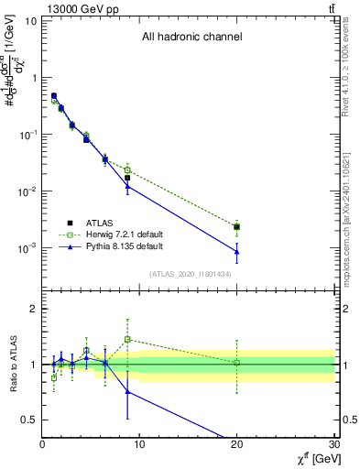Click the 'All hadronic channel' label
191,38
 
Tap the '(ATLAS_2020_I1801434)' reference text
191,274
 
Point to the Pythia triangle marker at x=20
237,251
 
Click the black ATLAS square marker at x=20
237,226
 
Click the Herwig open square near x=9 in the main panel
128,170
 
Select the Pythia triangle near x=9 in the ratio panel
128,391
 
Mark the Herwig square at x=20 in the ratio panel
237,363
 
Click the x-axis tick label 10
139,444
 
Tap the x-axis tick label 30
333,444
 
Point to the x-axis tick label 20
236,444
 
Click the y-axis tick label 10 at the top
29,20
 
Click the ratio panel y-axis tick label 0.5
30,420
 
